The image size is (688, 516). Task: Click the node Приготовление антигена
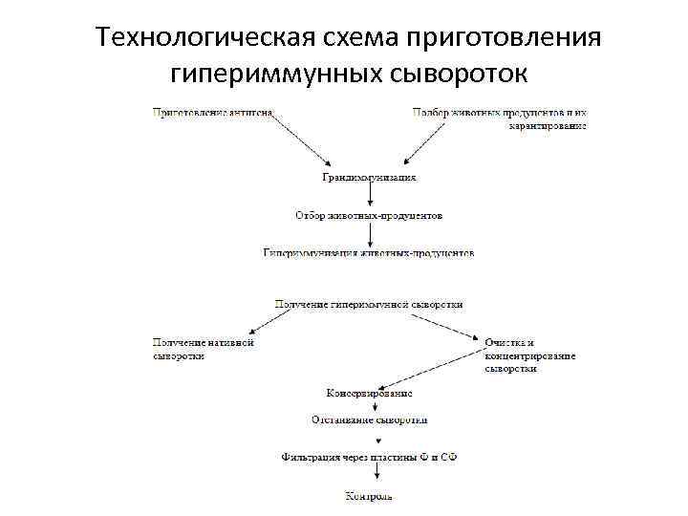click(212, 112)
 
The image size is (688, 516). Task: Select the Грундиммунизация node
click(369, 177)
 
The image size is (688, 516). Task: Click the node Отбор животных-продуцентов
click(369, 216)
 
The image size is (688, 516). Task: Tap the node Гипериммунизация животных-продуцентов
click(369, 253)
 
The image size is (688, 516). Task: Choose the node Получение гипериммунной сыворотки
click(369, 304)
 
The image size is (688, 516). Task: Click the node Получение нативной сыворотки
click(203, 349)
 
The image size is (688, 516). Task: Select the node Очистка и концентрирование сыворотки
click(529, 355)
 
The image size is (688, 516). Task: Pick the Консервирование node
click(369, 393)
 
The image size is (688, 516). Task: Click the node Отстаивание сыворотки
click(369, 419)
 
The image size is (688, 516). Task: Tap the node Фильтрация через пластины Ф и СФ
click(369, 458)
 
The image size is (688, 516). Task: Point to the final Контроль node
click(369, 495)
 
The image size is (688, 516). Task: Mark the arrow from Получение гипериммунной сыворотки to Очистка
click(450, 325)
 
